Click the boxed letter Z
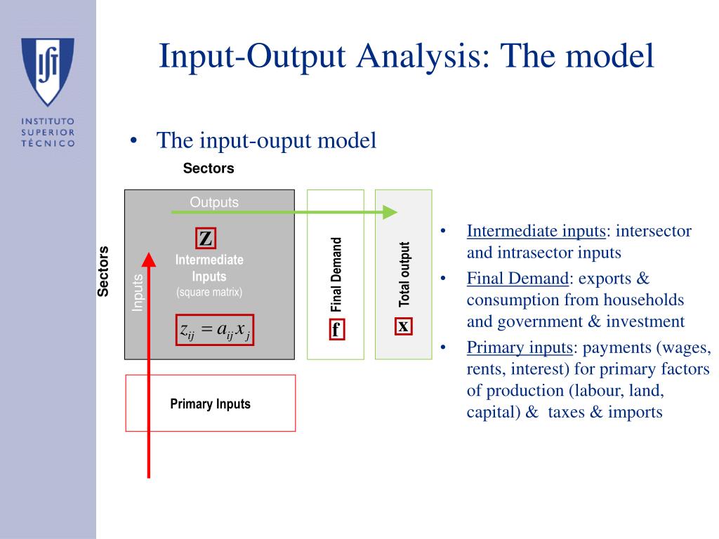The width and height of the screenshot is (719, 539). coord(205,239)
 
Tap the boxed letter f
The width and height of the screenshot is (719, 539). coord(336,329)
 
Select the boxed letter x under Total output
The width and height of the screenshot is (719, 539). coord(403,326)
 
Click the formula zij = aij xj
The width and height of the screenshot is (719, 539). coord(215,330)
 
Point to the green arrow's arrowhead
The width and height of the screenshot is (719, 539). coord(390,212)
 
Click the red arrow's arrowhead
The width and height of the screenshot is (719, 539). coord(149,260)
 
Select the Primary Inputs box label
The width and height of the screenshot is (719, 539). coord(210,404)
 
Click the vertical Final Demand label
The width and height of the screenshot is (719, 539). coord(336,274)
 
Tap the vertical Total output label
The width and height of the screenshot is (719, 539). coord(404,274)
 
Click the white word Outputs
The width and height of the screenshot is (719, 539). coord(214,202)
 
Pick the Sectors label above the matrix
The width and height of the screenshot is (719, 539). coord(209,168)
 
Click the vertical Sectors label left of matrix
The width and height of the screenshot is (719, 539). coord(103,271)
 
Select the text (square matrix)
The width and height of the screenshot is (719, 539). coord(209,292)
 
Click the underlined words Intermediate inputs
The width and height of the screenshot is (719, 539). coord(536,231)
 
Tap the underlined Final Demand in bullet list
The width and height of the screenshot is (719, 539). coord(517,279)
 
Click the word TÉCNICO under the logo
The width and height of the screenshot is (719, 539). coord(48,143)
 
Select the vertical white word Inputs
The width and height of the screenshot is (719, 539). coord(138,293)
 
